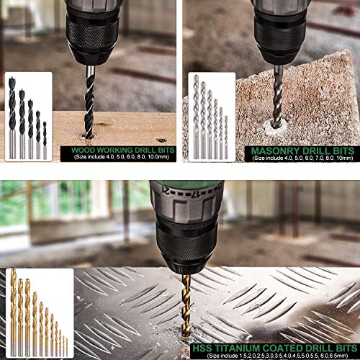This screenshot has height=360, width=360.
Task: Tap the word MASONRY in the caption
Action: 271,152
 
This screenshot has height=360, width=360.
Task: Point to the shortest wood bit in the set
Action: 45,140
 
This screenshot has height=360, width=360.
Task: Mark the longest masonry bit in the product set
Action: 195,115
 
